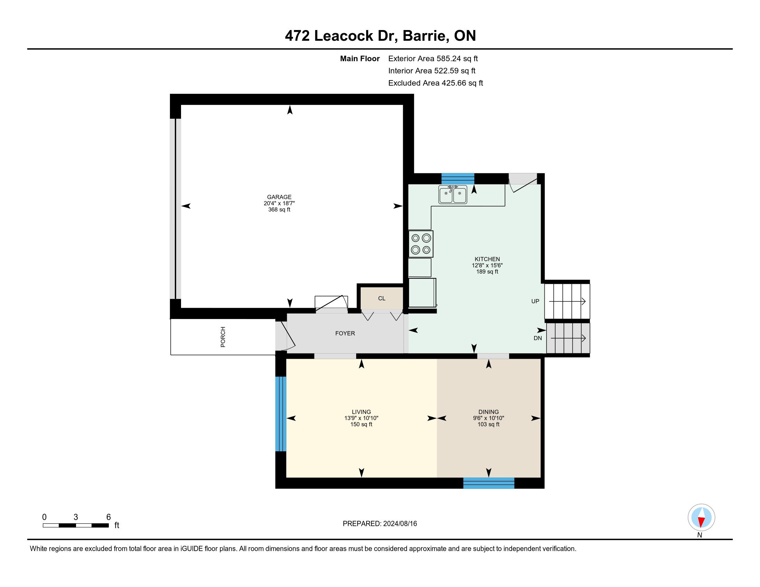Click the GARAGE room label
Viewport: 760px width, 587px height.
point(279,197)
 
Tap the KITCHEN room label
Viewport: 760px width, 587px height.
point(487,259)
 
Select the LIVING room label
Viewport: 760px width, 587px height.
point(361,412)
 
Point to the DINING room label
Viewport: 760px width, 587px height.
point(488,412)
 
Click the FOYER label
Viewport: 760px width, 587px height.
point(345,334)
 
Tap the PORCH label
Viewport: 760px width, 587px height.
point(223,337)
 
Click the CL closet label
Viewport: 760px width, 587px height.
point(382,298)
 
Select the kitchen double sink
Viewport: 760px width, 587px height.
point(453,194)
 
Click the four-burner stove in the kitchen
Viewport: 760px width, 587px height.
point(421,244)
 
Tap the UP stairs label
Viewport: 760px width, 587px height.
point(535,301)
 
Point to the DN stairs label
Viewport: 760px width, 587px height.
point(538,338)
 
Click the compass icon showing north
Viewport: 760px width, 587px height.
point(701,518)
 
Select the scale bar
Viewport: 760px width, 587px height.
point(76,525)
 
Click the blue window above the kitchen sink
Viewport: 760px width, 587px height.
point(458,179)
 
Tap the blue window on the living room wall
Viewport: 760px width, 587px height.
point(281,414)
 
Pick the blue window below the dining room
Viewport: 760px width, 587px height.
point(488,483)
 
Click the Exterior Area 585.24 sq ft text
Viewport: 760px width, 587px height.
point(433,59)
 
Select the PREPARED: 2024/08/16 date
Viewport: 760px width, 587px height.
point(380,524)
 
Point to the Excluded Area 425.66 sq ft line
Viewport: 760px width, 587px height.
point(436,83)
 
